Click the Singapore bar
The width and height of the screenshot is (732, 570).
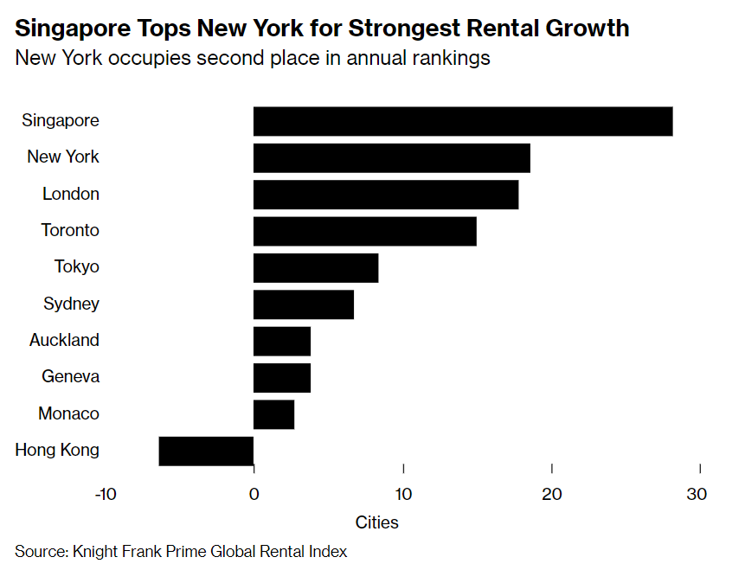coord(463,121)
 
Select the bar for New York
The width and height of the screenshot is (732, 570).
coord(391,158)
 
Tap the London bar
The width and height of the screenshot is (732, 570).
coord(386,195)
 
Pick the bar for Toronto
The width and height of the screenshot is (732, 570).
coord(364,231)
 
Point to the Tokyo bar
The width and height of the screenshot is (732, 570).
coord(316,268)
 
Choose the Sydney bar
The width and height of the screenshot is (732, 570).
coord(304,304)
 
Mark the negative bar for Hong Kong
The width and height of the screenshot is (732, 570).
coord(206,451)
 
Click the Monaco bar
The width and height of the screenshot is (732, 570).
coord(273,414)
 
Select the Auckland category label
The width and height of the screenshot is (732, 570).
coord(64,340)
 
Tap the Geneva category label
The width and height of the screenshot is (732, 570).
coord(70,376)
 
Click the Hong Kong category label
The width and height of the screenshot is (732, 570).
coord(57,450)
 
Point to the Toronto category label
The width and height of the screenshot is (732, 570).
coord(70,230)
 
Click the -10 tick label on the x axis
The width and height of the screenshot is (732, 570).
coord(105,495)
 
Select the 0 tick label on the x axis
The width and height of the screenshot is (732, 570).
coord(254,495)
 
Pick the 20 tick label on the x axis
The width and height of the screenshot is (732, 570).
coord(552,495)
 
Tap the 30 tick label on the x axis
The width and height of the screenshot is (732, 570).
coord(697,495)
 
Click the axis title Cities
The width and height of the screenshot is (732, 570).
coord(377,522)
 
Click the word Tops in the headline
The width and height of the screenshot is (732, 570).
coord(165,29)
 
